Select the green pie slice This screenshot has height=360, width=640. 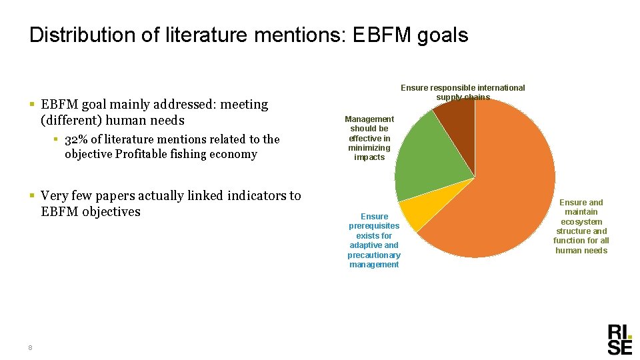pyautogui.click(x=430, y=153)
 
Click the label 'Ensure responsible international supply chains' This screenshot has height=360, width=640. pyautogui.click(x=463, y=92)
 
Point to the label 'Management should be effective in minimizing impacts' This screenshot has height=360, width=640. pyautogui.click(x=369, y=138)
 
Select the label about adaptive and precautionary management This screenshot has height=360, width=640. pyautogui.click(x=374, y=240)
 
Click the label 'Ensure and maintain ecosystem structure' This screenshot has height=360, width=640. pyautogui.click(x=581, y=226)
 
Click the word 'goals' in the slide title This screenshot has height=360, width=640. pyautogui.click(x=443, y=35)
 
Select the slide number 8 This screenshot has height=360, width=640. pyautogui.click(x=31, y=347)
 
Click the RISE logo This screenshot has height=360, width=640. pyautogui.click(x=619, y=339)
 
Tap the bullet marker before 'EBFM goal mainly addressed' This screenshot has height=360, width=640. pyautogui.click(x=32, y=105)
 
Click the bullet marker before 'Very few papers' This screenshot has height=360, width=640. pyautogui.click(x=32, y=196)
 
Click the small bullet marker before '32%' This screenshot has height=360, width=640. pyautogui.click(x=57, y=139)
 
